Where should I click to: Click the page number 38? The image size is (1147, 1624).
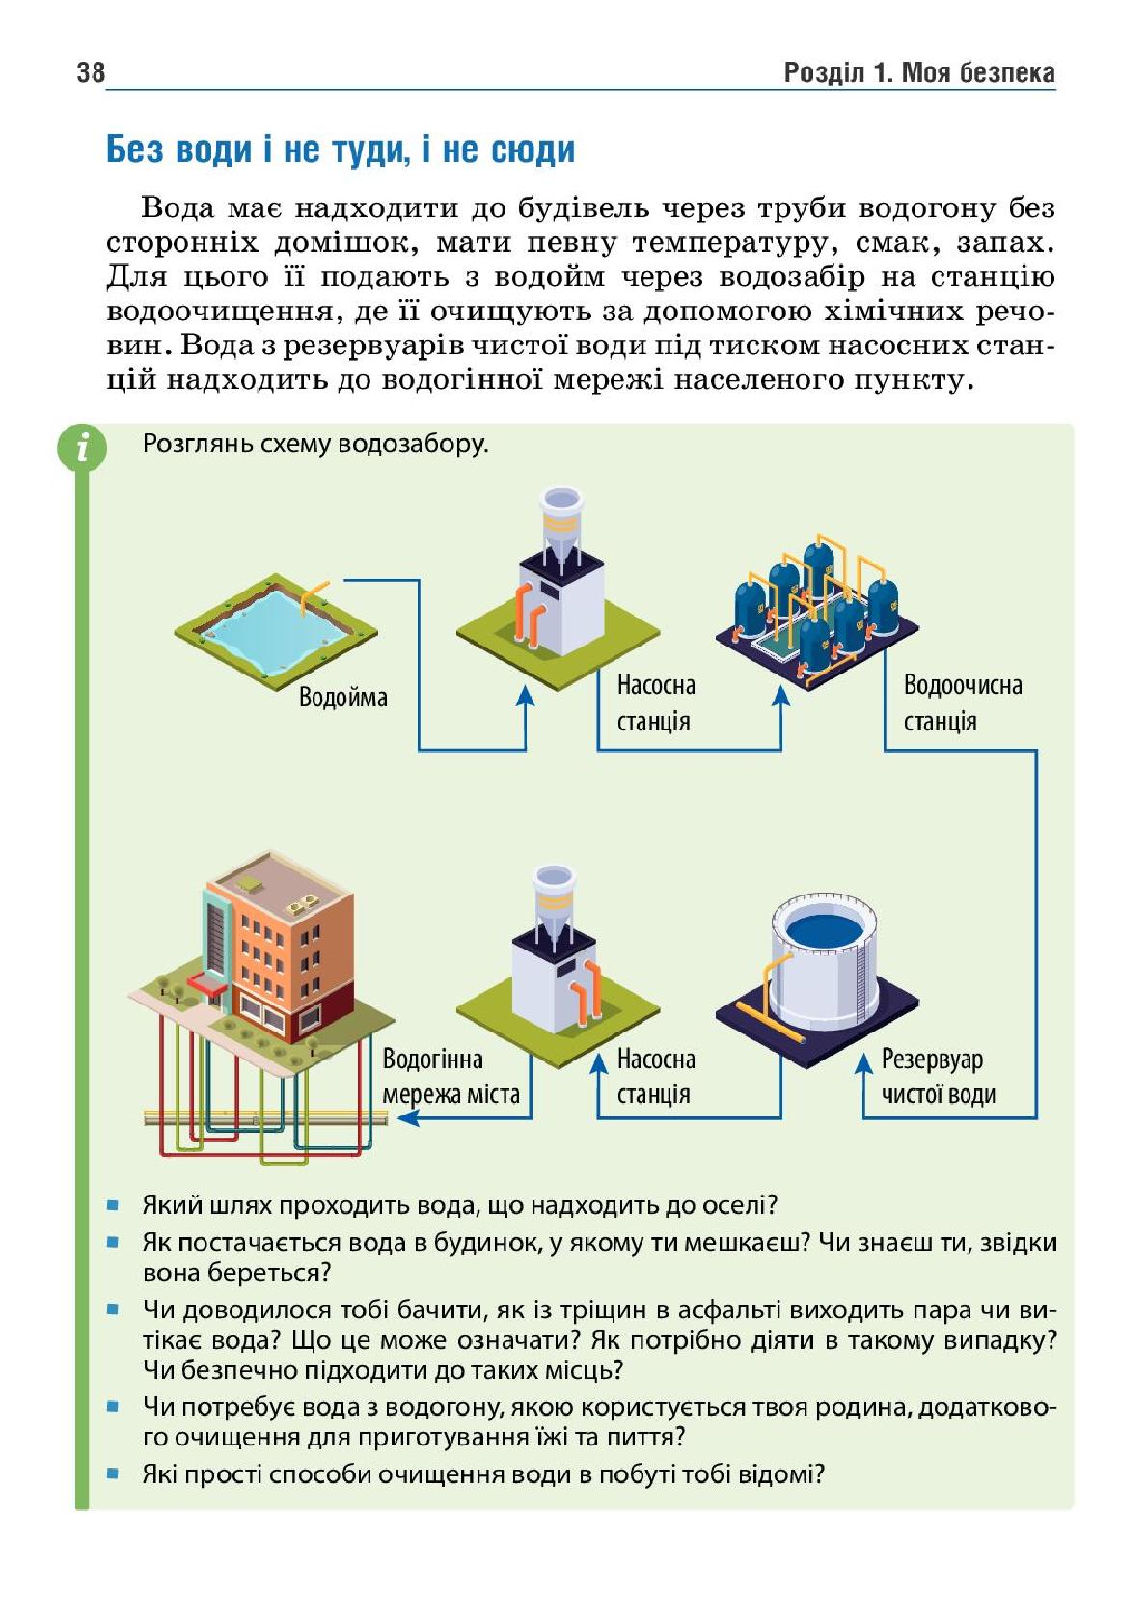pos(91,72)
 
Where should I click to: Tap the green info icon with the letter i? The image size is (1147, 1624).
pos(82,448)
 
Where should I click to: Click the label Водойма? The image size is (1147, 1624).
pos(342,698)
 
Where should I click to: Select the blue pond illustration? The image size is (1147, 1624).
pos(276,628)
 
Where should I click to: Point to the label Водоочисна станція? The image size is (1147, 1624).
pos(962,702)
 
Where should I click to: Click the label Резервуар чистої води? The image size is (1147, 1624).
pos(939,1077)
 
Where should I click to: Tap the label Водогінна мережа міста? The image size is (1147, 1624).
pos(451,1077)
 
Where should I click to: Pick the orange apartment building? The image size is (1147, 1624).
pos(279,950)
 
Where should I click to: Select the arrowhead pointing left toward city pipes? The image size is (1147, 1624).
pos(408,1118)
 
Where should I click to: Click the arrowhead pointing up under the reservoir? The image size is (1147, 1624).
pos(863,1062)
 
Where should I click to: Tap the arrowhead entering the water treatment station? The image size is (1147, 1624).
pos(780,696)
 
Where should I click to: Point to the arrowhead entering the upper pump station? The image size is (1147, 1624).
pos(525,696)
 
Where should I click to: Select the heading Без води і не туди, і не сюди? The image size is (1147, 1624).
pos(341,150)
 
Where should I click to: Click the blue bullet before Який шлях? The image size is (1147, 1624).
pos(112,1205)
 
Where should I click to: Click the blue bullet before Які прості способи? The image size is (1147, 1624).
pos(112,1473)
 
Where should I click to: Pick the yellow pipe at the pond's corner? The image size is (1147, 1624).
pos(314,592)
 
